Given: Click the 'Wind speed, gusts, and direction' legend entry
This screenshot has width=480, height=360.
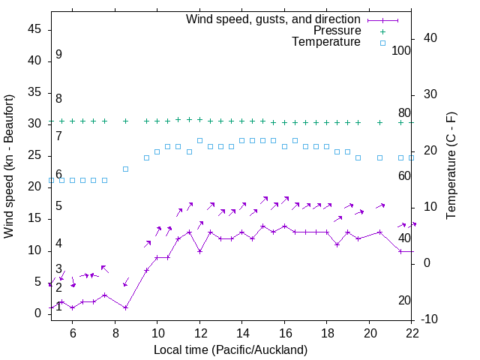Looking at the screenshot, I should [273, 19].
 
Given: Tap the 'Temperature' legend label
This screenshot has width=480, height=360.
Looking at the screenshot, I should [326, 43].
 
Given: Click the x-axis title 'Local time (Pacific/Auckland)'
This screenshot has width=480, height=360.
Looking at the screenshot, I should [230, 350].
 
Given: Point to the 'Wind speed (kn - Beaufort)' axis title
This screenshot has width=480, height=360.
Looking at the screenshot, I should [9, 166].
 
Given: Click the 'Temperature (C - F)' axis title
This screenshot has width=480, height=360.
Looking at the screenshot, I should [451, 166].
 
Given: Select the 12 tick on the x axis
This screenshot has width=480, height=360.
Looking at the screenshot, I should [199, 333].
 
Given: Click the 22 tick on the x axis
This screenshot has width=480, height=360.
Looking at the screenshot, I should [411, 333].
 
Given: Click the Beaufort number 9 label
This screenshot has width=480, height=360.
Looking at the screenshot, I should [58, 55].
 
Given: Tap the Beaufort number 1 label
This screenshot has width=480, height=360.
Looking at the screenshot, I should [58, 307].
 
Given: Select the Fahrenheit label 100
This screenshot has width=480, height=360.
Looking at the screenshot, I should [401, 50].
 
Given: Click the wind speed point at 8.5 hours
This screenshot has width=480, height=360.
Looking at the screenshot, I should [126, 307].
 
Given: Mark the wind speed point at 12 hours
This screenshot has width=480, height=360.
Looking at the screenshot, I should [199, 251].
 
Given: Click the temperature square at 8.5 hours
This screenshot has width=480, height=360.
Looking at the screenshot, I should [126, 169].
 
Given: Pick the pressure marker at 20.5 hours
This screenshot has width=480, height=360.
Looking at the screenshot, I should [379, 122].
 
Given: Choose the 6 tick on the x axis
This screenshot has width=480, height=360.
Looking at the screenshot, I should [73, 333].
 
